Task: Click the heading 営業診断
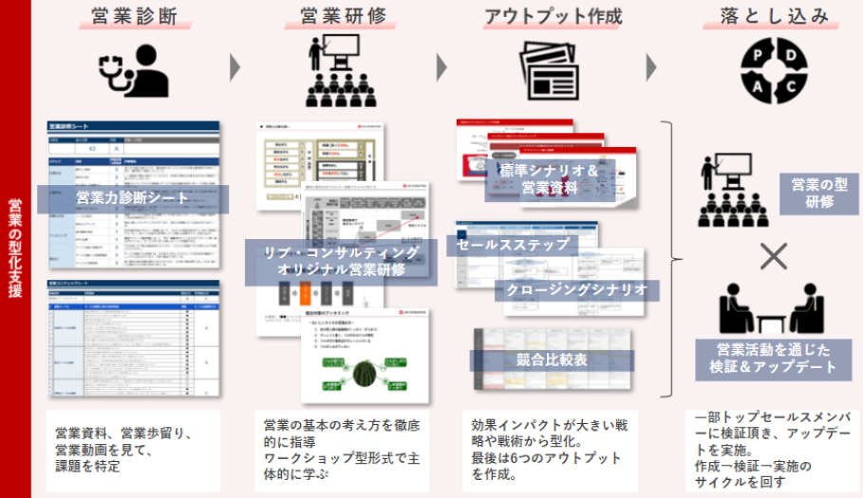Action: click(134, 17)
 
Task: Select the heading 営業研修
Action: click(341, 17)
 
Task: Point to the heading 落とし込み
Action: click(774, 17)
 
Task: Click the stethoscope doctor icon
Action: click(134, 68)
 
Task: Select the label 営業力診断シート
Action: click(133, 199)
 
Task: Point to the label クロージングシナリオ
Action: click(576, 289)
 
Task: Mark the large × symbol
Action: click(775, 255)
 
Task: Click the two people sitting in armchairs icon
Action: click(772, 307)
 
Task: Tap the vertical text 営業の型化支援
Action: click(14, 249)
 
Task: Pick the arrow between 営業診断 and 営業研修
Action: click(235, 67)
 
